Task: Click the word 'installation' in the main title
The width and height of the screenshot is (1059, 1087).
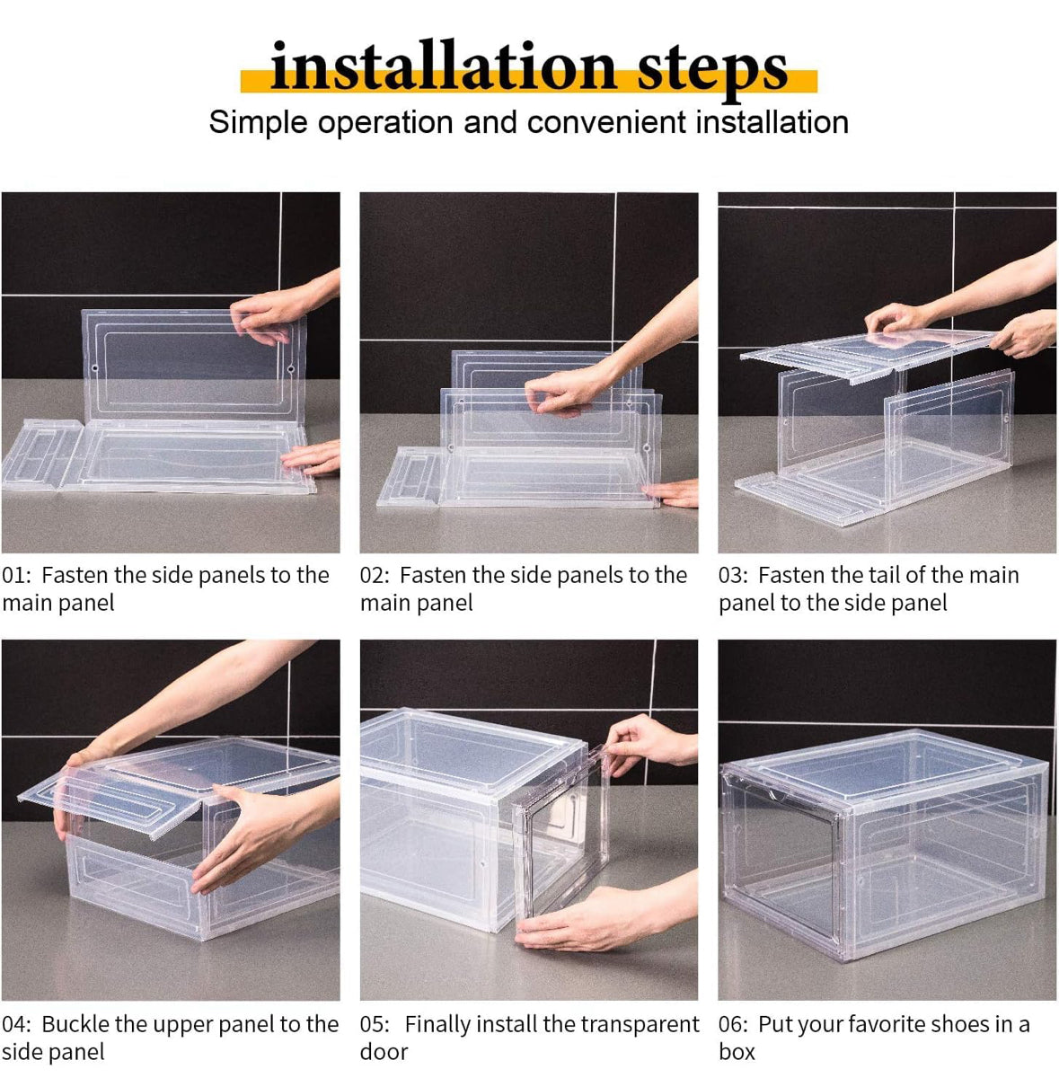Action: (443, 67)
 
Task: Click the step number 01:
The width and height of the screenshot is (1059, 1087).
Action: (16, 576)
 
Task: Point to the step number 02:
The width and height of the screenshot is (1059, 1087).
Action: (375, 576)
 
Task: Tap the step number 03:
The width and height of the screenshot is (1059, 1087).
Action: (734, 576)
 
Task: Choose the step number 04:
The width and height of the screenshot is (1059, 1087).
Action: (16, 1025)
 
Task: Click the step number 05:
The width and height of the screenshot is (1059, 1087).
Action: (375, 1025)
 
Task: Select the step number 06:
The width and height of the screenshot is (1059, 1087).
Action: (734, 1025)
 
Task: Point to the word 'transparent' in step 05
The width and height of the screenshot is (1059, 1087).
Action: (642, 1024)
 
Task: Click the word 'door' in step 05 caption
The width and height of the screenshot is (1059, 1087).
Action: (384, 1052)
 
